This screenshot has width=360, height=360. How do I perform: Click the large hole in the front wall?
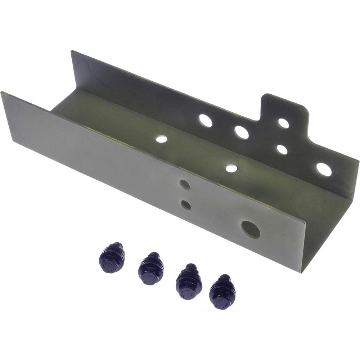point(251,229)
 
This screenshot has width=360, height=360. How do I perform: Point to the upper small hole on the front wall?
point(185,185)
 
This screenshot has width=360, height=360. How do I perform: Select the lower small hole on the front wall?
point(186,205)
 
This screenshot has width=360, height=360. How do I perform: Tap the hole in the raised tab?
point(284,123)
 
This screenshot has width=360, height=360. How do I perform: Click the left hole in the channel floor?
point(162,139)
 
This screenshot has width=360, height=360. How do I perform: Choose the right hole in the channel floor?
point(231,168)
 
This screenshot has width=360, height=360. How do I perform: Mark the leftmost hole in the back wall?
point(206,121)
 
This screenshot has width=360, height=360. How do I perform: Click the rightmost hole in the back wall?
point(324,169)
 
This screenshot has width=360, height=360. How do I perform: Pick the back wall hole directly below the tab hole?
point(282,149)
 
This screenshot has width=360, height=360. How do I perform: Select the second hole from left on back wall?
point(242,132)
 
